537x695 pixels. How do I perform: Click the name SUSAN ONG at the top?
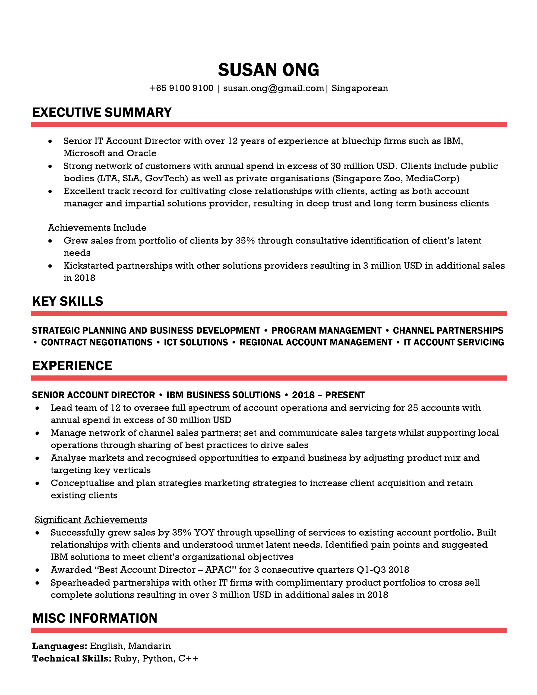coord(268,70)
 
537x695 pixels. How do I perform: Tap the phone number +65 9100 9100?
coord(181,88)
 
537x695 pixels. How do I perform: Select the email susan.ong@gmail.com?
coord(273,88)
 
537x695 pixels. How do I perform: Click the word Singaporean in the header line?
coord(360,88)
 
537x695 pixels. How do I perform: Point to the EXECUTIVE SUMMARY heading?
coord(102,113)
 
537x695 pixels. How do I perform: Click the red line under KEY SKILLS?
coord(268,314)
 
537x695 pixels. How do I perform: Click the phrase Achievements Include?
coord(97,228)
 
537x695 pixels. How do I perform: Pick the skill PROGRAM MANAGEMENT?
coord(326,331)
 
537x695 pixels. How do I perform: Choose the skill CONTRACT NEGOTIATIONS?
coord(97,342)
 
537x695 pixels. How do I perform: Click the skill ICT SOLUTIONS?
coord(196,342)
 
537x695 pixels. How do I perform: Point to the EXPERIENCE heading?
coord(72,366)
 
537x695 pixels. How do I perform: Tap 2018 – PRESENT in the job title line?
coord(328,395)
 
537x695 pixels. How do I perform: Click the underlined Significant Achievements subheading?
coord(91,520)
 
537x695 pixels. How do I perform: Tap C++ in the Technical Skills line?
coord(188,659)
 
